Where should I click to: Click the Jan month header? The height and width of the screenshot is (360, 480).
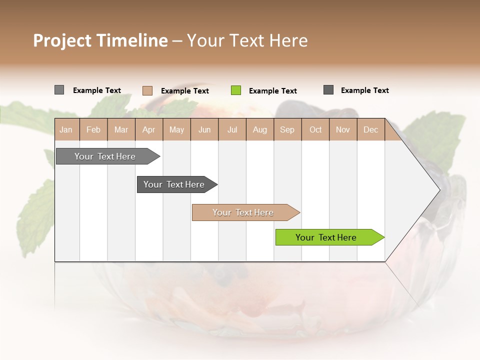point(66,129)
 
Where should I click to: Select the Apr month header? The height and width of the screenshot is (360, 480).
point(149,129)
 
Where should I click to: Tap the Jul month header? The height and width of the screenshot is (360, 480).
point(232,129)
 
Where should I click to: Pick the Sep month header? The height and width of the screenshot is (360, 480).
point(287,129)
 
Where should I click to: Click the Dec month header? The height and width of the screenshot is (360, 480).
point(370,129)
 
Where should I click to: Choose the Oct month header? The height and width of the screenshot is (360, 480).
point(315,129)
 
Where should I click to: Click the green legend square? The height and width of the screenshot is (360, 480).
point(236,90)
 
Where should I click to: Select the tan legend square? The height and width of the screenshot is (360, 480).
point(147,90)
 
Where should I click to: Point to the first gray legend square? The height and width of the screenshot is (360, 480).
point(59,90)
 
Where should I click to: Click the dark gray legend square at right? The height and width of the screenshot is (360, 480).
point(328,90)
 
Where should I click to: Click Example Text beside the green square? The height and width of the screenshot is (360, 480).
point(272,91)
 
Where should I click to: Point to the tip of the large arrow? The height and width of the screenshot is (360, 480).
point(438,189)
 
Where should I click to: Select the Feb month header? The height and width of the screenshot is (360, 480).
point(93,129)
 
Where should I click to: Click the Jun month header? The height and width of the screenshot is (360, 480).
point(204,129)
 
